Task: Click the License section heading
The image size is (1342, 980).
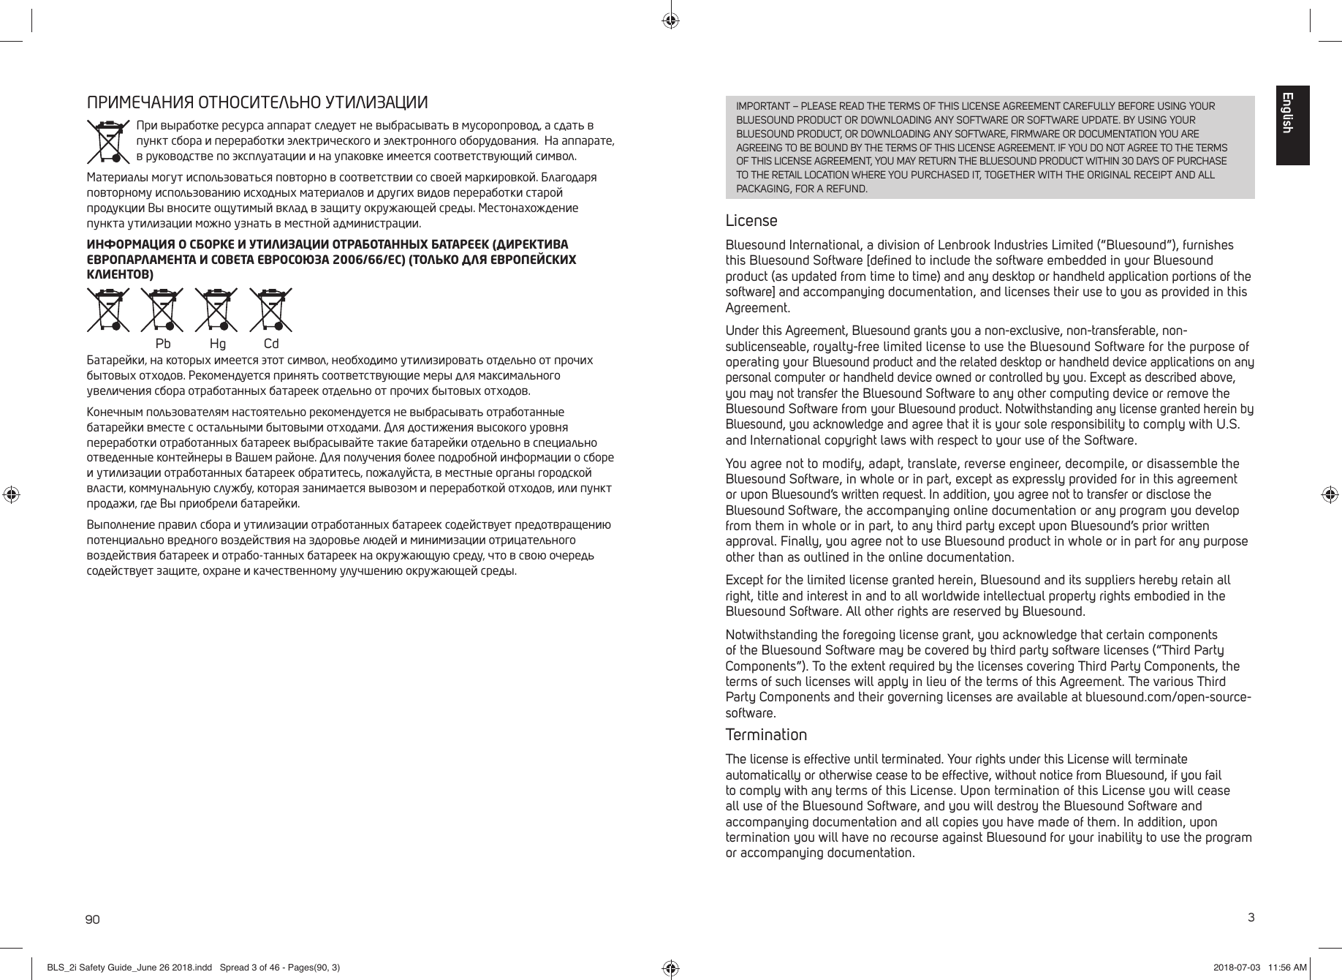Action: (x=751, y=221)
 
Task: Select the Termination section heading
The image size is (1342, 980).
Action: (x=765, y=734)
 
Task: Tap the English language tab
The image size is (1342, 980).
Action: (x=1292, y=125)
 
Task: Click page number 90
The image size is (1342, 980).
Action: (x=93, y=919)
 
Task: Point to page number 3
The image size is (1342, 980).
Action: (x=1251, y=917)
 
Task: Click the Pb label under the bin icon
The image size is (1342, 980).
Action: (x=164, y=344)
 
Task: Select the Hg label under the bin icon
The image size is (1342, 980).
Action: (x=217, y=344)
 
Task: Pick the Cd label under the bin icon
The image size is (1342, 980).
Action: (x=271, y=344)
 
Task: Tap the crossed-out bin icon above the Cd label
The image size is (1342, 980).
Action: (x=270, y=310)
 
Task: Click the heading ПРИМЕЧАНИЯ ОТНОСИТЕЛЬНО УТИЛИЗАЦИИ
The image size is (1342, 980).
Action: (x=257, y=102)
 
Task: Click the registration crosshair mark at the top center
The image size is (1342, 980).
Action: (x=670, y=20)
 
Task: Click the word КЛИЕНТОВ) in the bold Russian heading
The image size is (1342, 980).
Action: (x=120, y=274)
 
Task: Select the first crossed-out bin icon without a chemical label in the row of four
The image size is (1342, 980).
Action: (x=108, y=310)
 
